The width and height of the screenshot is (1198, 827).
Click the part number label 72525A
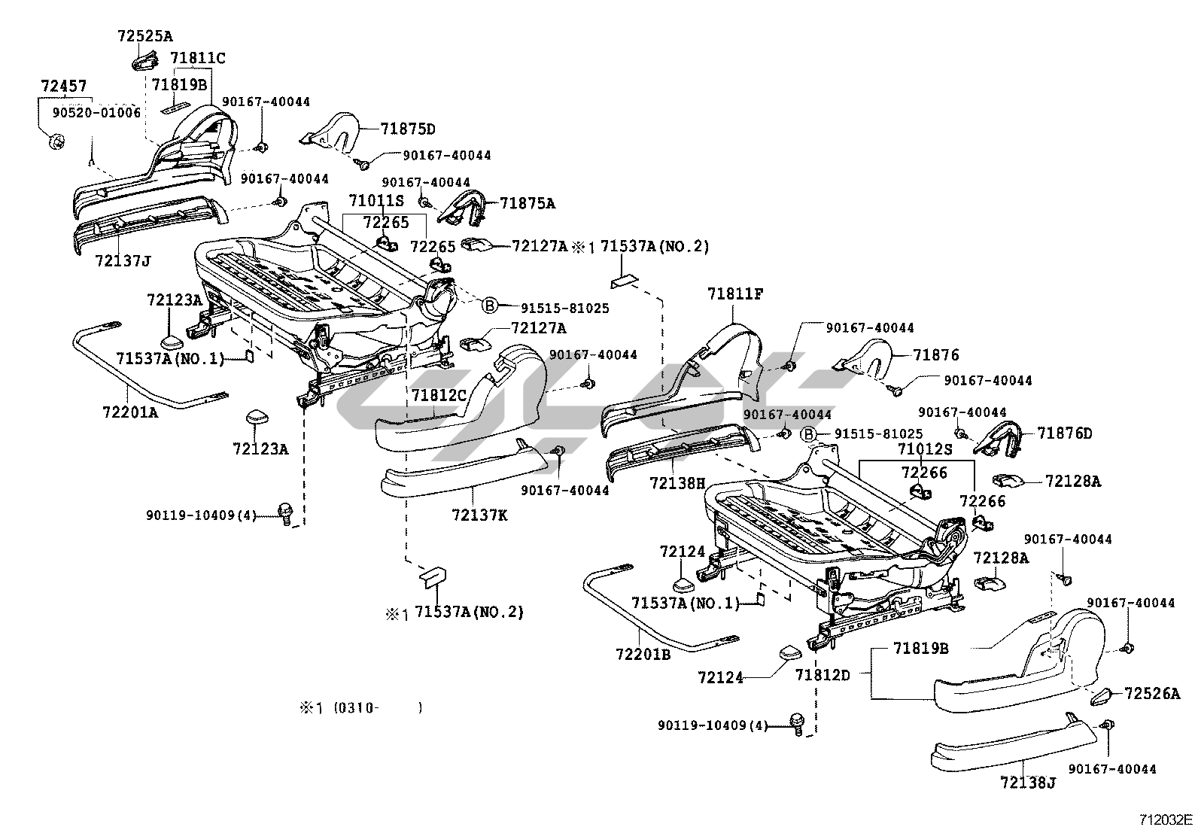pos(145,35)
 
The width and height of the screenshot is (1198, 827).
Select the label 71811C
pos(197,58)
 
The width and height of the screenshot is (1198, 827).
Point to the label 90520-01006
pos(96,112)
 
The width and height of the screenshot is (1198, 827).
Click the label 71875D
pos(408,129)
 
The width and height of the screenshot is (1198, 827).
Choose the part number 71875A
pos(528,203)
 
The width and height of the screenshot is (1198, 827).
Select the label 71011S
pos(376,201)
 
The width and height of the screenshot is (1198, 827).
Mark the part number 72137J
pos(123,261)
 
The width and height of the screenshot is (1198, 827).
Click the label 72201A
pos(130,412)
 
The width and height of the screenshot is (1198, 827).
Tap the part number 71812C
pos(439,394)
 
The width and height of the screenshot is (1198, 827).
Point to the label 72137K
pos(479,515)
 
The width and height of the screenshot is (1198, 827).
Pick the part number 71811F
pos(735,294)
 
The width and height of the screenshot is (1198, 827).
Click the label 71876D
pos(1064,433)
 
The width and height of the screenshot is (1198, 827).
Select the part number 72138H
pos(678,482)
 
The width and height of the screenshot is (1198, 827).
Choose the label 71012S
pos(925,449)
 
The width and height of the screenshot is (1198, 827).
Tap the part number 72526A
pos(1153,694)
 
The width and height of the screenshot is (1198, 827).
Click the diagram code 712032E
pos(1165,819)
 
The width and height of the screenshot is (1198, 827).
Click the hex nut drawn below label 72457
pos(54,141)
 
